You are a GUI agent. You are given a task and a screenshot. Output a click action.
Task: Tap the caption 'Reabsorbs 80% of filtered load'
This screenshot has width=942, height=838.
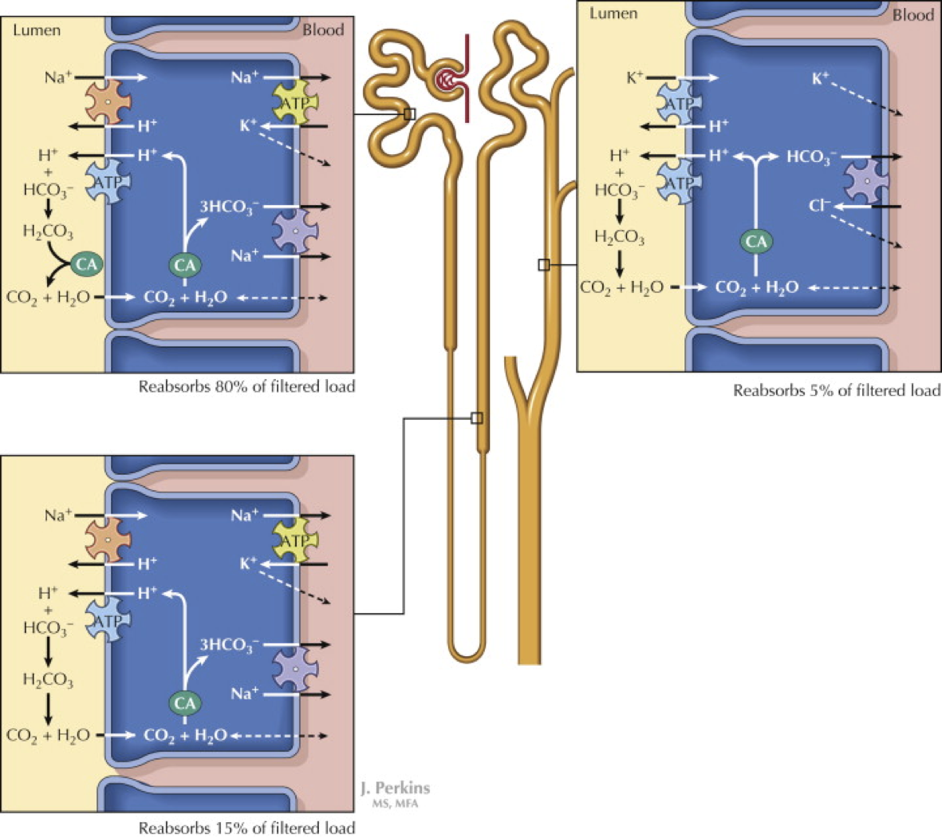[x=246, y=387]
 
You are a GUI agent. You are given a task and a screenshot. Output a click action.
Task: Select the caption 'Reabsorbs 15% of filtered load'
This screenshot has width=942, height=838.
[x=246, y=828]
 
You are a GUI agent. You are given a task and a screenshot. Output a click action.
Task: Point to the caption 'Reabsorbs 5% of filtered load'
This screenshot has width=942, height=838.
[x=837, y=391]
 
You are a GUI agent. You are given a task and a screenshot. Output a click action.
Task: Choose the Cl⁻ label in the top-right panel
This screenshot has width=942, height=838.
[x=819, y=206]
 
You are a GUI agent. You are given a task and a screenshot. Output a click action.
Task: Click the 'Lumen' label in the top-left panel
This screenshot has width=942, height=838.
[x=36, y=30]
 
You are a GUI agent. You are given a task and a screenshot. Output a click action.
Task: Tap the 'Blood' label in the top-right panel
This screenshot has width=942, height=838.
[x=912, y=14]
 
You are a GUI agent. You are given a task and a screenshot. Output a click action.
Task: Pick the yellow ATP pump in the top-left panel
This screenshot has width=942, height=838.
[x=295, y=102]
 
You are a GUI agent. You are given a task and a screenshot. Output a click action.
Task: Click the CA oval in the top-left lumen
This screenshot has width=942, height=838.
[x=85, y=263]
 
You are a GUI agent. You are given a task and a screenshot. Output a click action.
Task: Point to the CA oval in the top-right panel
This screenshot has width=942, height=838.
[x=756, y=241]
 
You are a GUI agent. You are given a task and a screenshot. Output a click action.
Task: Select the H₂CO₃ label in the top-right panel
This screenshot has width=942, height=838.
[x=620, y=237]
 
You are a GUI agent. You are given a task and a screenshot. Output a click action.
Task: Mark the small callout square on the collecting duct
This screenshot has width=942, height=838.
[x=544, y=265]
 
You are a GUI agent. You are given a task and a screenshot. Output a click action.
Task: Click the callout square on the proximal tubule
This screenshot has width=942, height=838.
[x=409, y=114]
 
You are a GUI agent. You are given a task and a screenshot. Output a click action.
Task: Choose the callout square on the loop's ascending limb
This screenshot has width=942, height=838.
[x=477, y=417]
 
